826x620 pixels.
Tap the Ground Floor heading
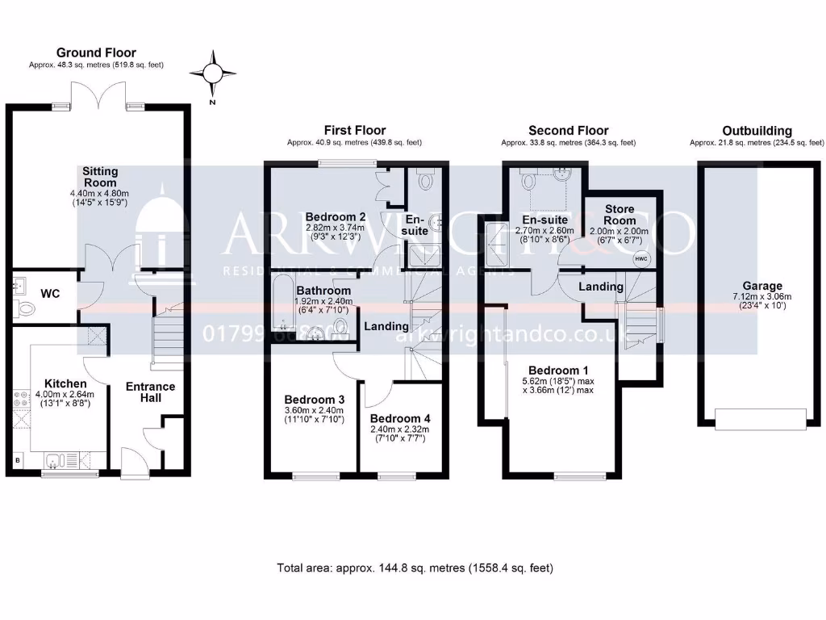tap(96, 53)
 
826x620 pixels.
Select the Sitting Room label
tap(100, 177)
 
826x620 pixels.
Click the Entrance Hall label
tap(150, 392)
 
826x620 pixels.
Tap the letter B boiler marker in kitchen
tap(18, 461)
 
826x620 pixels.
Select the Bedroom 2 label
tap(336, 216)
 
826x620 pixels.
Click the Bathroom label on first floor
tap(323, 291)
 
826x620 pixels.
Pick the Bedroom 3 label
tap(315, 400)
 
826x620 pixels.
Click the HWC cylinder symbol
tap(642, 259)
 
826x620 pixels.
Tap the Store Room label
tap(619, 215)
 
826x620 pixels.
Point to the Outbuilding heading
tap(757, 131)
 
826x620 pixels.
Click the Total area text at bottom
tap(415, 568)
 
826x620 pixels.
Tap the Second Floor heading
tap(568, 131)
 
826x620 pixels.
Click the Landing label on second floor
tap(601, 287)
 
